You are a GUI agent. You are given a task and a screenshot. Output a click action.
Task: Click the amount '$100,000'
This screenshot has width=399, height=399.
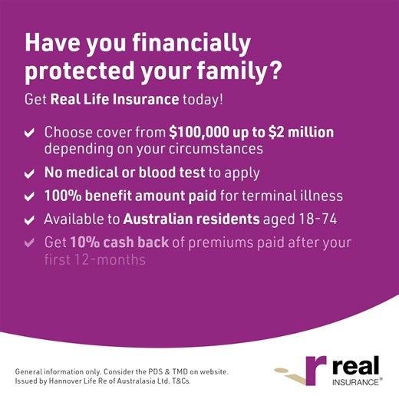click(x=203, y=132)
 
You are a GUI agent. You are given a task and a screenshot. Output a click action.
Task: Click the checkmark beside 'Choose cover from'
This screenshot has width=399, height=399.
click(x=29, y=134)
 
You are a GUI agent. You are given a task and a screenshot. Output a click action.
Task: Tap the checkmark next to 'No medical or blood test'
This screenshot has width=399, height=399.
click(x=29, y=173)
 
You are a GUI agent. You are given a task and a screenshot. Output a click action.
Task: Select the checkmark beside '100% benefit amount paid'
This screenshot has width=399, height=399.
click(x=29, y=197)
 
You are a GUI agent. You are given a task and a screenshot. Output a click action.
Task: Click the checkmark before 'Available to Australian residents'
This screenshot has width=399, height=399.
click(x=29, y=220)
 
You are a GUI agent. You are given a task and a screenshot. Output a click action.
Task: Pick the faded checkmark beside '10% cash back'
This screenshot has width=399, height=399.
click(x=29, y=243)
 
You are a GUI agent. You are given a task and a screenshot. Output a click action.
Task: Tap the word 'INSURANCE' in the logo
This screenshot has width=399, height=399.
click(x=355, y=381)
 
